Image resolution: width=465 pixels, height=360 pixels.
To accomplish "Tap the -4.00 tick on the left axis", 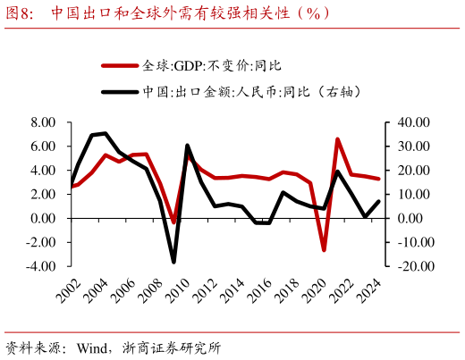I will [x=41, y=266].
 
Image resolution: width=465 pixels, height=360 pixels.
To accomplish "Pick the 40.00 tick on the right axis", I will [x=414, y=121].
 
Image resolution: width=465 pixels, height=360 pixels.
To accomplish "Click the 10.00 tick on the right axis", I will [x=414, y=194].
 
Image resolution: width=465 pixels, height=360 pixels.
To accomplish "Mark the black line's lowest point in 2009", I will [x=173, y=262].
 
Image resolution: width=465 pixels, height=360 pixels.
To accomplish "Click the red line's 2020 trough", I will [x=324, y=250].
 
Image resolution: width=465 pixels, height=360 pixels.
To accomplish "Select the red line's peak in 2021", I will [x=337, y=139].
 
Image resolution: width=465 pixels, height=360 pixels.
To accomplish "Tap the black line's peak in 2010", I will [x=187, y=145].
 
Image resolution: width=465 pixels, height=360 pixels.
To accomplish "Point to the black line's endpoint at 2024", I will [x=379, y=201].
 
